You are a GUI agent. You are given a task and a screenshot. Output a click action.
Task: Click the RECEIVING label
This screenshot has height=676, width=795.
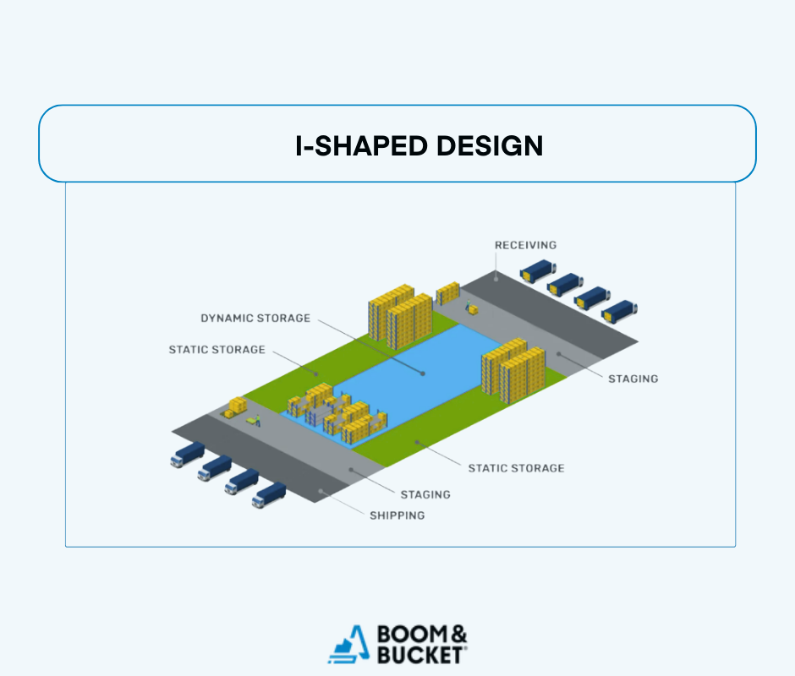(x=525, y=245)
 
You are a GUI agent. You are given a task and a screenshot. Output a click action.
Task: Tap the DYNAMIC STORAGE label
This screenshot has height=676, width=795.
(x=255, y=319)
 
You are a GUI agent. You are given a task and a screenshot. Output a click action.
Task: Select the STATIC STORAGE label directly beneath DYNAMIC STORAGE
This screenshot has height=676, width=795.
(x=217, y=349)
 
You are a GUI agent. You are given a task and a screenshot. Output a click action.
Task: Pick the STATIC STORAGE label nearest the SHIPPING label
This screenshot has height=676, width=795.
(x=516, y=467)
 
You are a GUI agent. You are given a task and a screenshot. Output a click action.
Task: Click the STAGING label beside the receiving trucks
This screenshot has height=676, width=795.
(x=633, y=379)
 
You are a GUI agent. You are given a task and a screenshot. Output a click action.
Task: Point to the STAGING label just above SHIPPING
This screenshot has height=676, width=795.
(x=425, y=494)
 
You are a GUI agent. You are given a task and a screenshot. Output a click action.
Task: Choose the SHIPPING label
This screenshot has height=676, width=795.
(x=397, y=515)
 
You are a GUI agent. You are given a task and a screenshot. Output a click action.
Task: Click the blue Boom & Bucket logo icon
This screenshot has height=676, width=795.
(x=349, y=644)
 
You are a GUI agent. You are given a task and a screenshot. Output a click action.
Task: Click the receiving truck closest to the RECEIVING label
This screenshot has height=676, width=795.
(x=535, y=270)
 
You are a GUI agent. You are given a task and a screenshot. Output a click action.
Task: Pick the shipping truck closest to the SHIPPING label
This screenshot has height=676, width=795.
(x=270, y=495)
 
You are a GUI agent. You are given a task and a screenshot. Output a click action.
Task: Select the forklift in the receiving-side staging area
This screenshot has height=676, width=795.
(x=470, y=308)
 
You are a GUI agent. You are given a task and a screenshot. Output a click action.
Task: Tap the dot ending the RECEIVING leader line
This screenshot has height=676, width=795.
(x=496, y=275)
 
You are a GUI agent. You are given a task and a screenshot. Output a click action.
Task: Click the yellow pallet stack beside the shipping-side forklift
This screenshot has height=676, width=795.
(x=235, y=406)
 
